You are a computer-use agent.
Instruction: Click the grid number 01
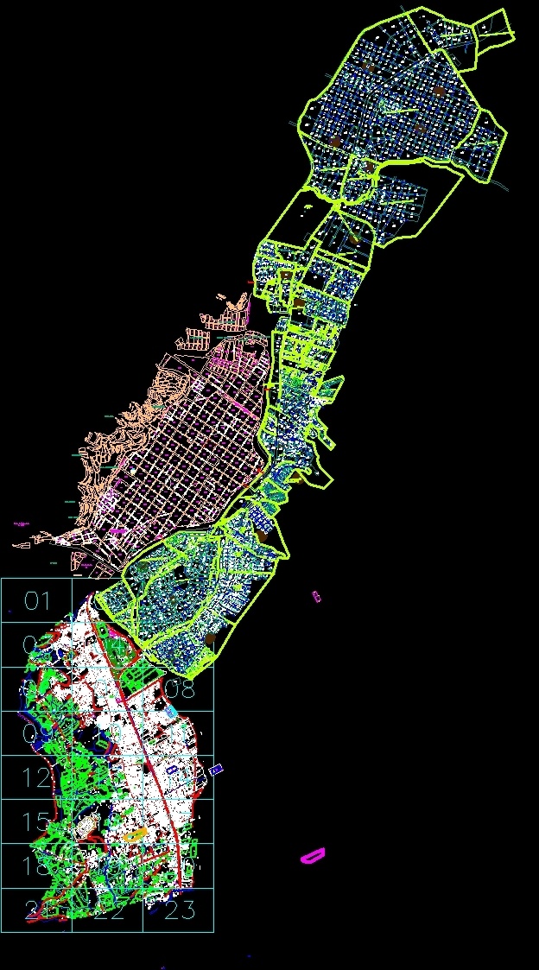point(37,601)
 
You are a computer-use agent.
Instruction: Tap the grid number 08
point(180,689)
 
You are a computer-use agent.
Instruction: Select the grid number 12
point(37,777)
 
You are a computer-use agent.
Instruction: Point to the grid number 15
point(37,821)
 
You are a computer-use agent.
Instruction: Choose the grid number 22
point(108,910)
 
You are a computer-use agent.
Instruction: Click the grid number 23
point(179,910)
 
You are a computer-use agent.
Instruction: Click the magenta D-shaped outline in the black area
point(312,856)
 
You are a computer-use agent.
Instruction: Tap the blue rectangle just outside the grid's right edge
point(216,768)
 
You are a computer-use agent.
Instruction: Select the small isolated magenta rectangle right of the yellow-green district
point(316,596)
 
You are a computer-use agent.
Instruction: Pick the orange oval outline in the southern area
point(133,834)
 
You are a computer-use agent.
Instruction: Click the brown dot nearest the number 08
point(211,638)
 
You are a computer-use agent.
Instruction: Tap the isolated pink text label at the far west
point(22,523)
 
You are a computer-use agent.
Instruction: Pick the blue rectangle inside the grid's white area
point(172,767)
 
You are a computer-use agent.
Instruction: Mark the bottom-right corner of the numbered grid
point(213,932)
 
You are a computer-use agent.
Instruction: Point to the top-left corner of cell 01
point(1,579)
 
